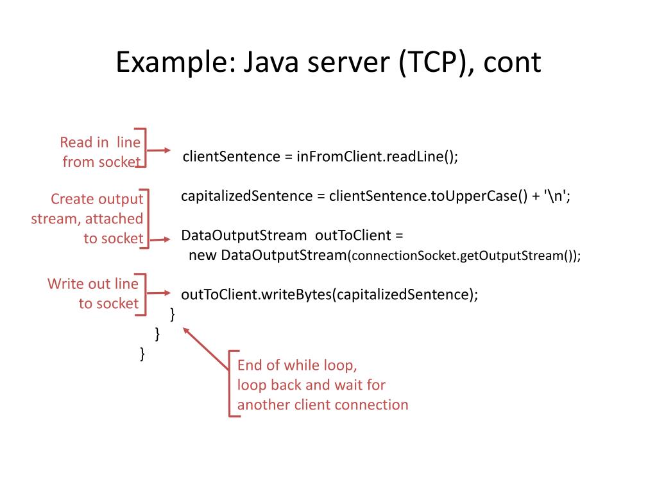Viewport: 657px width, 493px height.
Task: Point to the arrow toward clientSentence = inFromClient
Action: click(x=160, y=151)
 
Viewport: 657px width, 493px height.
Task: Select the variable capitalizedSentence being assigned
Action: click(x=246, y=196)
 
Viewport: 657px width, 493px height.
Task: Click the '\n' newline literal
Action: click(x=556, y=196)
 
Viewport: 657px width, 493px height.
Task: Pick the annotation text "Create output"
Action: click(x=96, y=199)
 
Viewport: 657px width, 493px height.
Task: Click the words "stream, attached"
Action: click(x=87, y=219)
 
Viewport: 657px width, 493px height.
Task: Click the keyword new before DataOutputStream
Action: click(x=202, y=255)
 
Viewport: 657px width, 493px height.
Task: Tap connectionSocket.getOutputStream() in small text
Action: click(x=461, y=256)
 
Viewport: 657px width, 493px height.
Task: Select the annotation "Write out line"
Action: click(x=92, y=284)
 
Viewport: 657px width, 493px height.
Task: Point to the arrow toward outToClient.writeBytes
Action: click(x=160, y=293)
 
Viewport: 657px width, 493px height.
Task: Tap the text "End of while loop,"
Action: click(x=297, y=366)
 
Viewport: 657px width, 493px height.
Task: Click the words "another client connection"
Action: click(x=323, y=405)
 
